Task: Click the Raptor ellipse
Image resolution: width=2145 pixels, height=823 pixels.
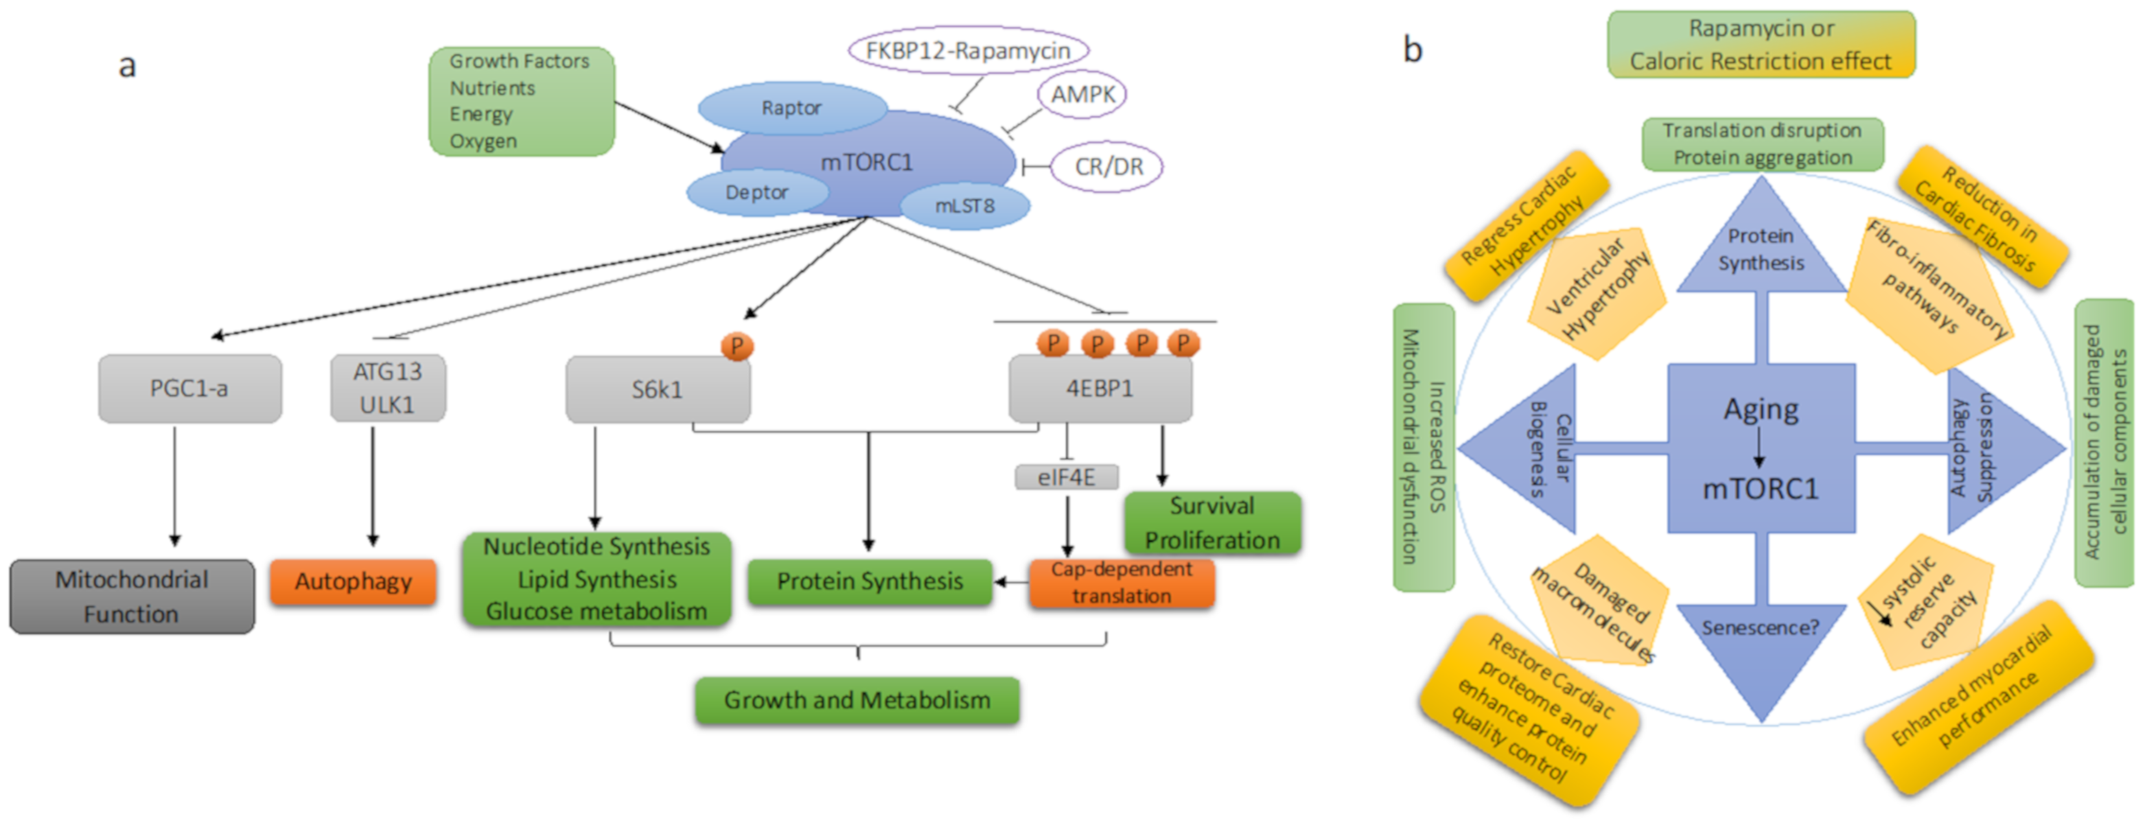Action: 791,108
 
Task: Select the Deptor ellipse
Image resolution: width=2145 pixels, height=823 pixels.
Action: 756,192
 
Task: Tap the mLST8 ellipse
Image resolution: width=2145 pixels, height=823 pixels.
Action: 964,206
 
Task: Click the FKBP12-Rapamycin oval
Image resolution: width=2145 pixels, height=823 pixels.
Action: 968,51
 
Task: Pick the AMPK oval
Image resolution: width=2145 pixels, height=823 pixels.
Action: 1082,94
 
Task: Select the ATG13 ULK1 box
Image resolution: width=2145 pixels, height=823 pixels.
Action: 387,389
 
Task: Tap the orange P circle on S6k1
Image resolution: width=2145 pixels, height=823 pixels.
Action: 736,346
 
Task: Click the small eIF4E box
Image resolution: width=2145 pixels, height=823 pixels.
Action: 1066,477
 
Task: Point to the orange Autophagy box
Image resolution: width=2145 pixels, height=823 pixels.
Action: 352,581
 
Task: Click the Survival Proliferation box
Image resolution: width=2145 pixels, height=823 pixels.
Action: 1212,523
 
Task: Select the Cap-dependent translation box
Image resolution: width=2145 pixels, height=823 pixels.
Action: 1121,582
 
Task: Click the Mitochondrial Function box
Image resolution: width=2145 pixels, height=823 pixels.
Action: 132,596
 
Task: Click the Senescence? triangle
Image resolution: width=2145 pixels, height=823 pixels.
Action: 1761,641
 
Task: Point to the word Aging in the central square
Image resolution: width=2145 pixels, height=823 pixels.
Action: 1761,410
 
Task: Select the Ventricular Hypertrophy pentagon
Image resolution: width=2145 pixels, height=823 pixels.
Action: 1595,292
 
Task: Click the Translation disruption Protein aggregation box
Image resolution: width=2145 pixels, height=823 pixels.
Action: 1762,144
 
